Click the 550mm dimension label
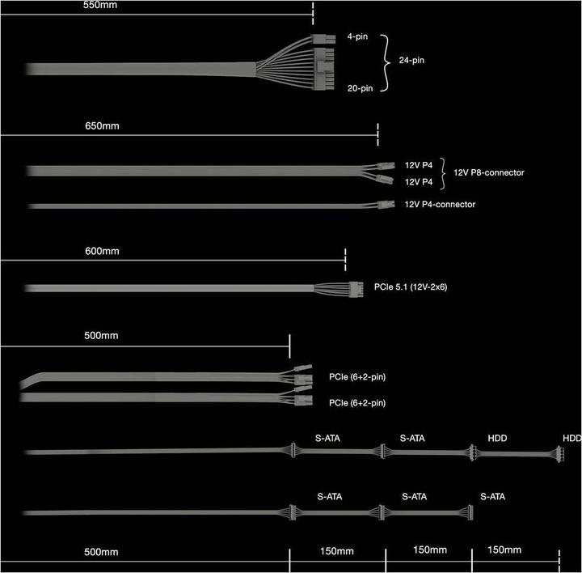[100, 5]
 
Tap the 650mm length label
[102, 126]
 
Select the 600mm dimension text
[102, 251]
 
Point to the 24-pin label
[411, 60]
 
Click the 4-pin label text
[357, 36]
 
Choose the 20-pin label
[360, 88]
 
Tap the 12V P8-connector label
[489, 172]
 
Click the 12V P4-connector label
[440, 205]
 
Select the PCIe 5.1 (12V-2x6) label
[411, 286]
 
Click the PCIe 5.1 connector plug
[356, 289]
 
